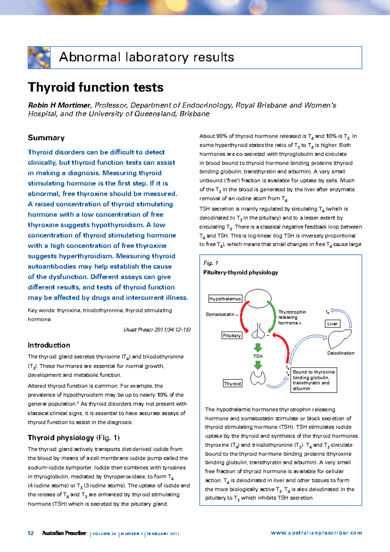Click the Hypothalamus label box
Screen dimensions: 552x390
[225, 299]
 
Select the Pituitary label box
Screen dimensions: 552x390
[232, 336]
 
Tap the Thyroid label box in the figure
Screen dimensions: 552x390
[232, 384]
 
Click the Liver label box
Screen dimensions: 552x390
[332, 324]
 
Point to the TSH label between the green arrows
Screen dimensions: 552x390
[258, 356]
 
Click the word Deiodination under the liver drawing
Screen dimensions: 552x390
[341, 353]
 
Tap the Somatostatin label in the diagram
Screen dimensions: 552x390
[220, 314]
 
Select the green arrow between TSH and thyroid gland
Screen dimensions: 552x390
[258, 366]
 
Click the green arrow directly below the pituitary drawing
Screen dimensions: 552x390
[258, 347]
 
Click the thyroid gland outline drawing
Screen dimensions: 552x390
[258, 378]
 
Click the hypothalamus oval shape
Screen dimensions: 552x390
[258, 298]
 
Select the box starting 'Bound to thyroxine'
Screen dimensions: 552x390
[313, 380]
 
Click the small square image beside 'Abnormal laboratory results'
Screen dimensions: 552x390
[39, 58]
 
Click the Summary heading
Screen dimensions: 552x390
[46, 138]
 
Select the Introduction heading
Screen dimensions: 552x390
[49, 345]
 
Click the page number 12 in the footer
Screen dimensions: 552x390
[31, 533]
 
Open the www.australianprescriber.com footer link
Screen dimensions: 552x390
[316, 533]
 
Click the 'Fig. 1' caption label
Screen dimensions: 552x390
[211, 263]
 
